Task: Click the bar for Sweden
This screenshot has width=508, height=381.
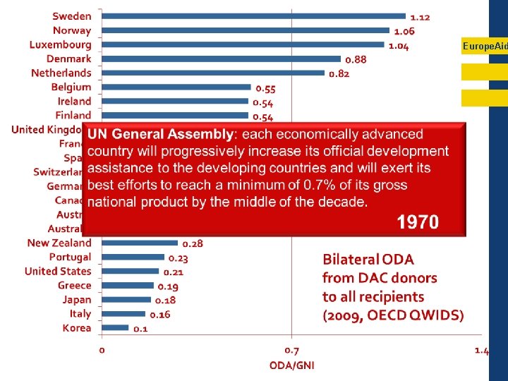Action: tap(254, 16)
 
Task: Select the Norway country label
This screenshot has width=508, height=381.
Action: tap(72, 30)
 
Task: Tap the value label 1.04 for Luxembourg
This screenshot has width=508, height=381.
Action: tap(399, 46)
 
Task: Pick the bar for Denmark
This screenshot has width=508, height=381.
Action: tap(222, 59)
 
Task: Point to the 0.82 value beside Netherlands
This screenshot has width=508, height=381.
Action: tap(339, 74)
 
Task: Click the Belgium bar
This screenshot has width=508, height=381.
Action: tap(176, 87)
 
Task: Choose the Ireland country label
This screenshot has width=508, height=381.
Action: tap(75, 101)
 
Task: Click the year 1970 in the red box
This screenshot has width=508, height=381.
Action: tap(417, 223)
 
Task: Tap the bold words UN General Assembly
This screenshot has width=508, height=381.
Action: tap(160, 134)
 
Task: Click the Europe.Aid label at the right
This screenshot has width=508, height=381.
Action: tap(485, 46)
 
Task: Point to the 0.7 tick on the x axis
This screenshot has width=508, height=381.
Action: tap(291, 350)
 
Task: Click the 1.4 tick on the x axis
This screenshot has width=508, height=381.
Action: tap(482, 350)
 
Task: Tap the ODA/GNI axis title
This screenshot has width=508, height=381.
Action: tap(291, 365)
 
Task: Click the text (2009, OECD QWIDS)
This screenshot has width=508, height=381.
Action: tap(393, 315)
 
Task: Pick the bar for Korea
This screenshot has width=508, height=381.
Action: tap(116, 327)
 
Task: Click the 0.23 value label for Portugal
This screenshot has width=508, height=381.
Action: tap(178, 258)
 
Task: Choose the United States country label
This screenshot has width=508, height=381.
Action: tap(58, 271)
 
